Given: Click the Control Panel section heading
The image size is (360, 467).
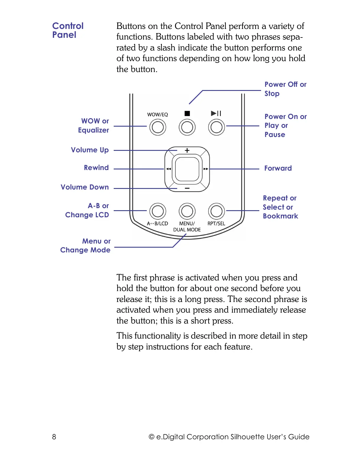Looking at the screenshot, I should click(x=68, y=30).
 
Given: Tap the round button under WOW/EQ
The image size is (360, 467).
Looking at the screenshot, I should click(x=158, y=127).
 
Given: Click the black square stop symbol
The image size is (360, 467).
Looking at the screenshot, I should click(x=187, y=113).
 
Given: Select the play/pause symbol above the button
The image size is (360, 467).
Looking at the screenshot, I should click(x=216, y=113).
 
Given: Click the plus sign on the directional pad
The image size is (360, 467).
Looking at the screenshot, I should click(x=187, y=151).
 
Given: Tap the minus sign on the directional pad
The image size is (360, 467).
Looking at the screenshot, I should click(x=187, y=188).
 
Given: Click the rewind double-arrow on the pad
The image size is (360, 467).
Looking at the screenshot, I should click(x=168, y=169).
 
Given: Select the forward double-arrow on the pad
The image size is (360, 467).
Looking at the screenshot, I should click(x=206, y=169).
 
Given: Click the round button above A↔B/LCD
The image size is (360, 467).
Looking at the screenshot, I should click(x=158, y=211).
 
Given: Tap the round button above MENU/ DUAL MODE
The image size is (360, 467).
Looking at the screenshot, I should click(x=187, y=211).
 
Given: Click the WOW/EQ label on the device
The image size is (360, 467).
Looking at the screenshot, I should click(x=157, y=115).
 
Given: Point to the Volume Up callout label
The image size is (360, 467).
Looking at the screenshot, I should click(x=90, y=150).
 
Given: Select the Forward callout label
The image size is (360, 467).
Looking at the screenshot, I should click(x=278, y=168).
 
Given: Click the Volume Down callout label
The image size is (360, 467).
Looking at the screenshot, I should click(x=85, y=187).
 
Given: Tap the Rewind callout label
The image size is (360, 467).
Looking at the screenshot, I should click(x=96, y=168).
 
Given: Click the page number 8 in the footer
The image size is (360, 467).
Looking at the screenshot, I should click(x=54, y=437).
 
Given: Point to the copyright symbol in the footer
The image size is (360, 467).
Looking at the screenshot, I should click(x=152, y=437).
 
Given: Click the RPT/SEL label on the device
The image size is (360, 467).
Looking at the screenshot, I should click(x=216, y=223).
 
